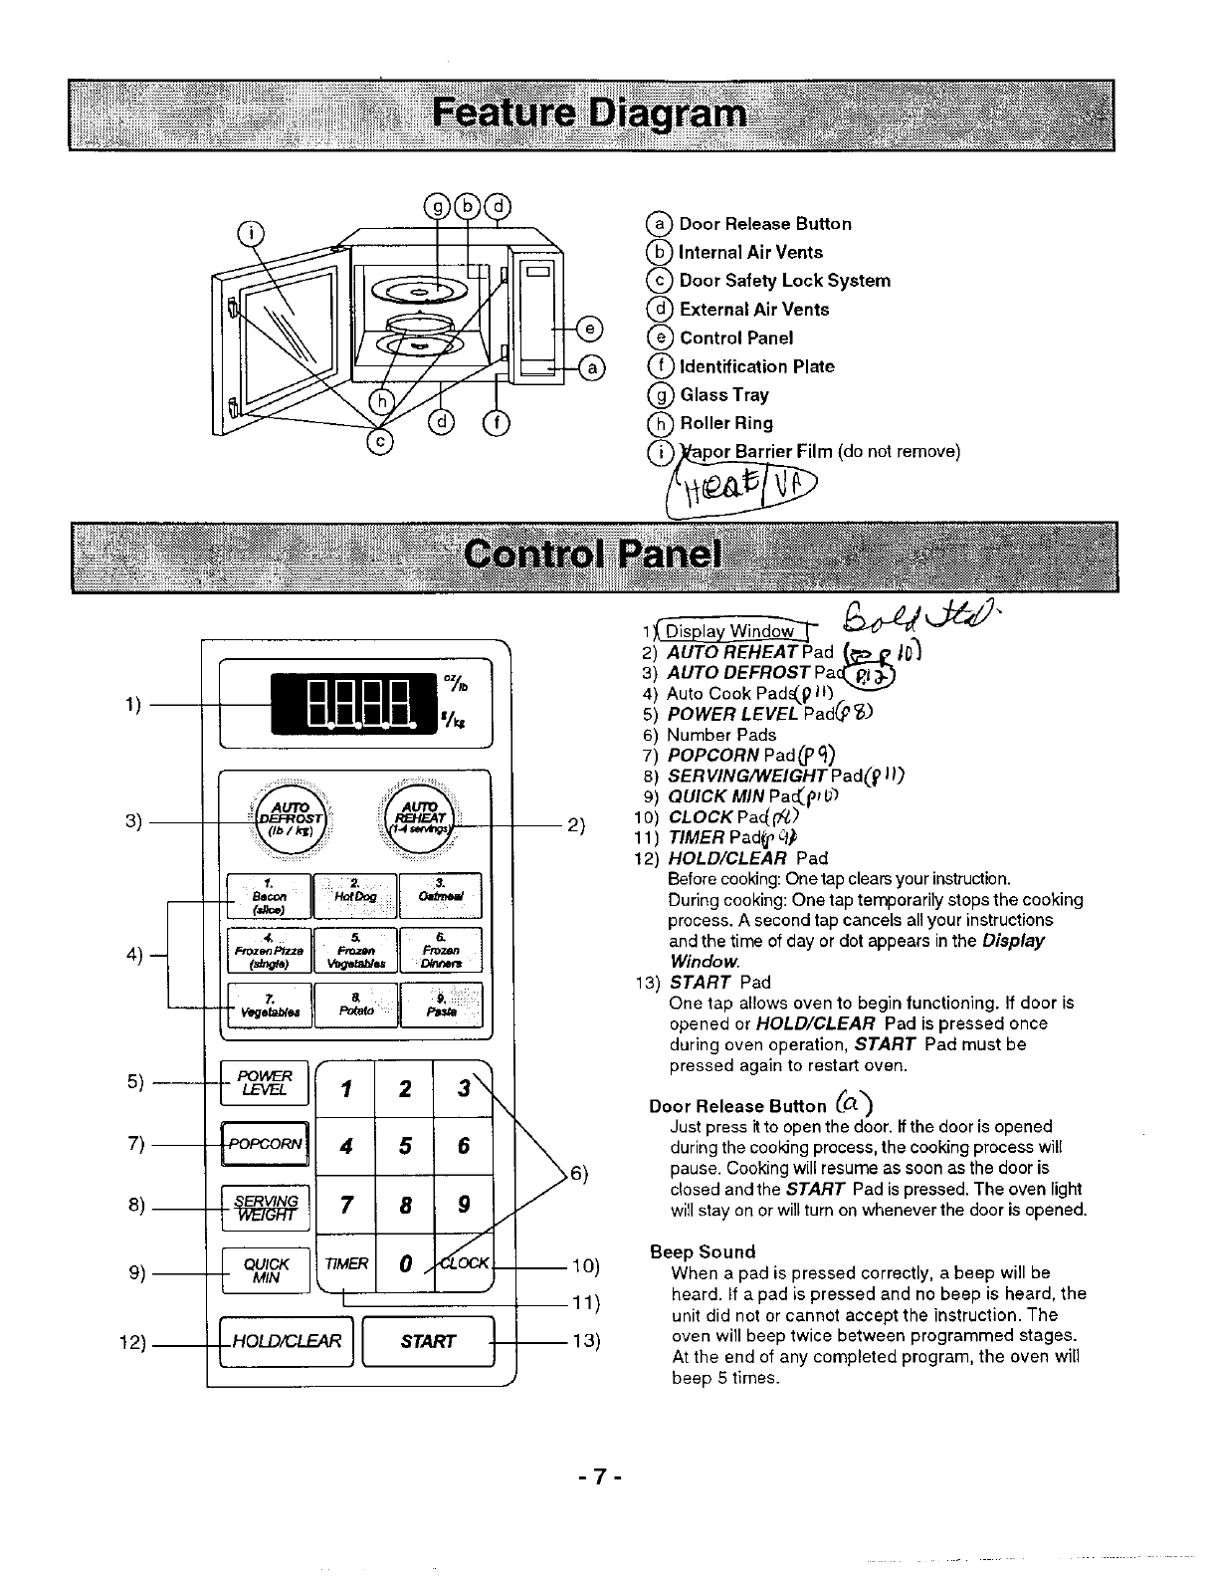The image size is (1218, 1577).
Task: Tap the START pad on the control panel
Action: click(x=429, y=1341)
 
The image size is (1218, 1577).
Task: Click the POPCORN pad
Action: click(x=265, y=1144)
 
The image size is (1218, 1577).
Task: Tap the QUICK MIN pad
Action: click(x=266, y=1270)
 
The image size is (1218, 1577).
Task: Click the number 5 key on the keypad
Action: click(x=405, y=1146)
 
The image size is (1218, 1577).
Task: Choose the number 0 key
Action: click(x=405, y=1264)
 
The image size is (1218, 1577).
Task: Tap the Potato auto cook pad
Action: click(x=355, y=1004)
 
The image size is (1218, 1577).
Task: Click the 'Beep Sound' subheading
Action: click(x=703, y=1251)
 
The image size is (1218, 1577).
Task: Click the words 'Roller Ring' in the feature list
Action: click(x=726, y=423)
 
